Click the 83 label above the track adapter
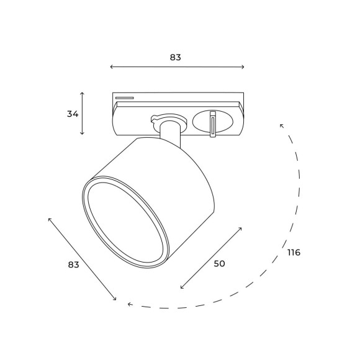pos(176,57)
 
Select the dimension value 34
pos(73,114)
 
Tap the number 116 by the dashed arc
pos(294,253)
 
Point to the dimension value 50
pos(219,263)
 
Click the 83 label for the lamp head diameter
pos(73,264)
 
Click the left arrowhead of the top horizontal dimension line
pos(111,67)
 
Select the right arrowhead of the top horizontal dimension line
pos(243,67)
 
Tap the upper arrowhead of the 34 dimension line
pos(83,94)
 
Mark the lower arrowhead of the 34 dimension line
pos(83,133)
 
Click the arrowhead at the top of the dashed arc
pos(282,126)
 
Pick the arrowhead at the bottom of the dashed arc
pos(129,304)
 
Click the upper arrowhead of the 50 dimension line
pos(240,228)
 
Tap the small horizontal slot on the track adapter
pos(124,97)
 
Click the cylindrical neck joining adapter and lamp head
pos(168,135)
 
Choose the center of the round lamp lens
pos(127,224)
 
